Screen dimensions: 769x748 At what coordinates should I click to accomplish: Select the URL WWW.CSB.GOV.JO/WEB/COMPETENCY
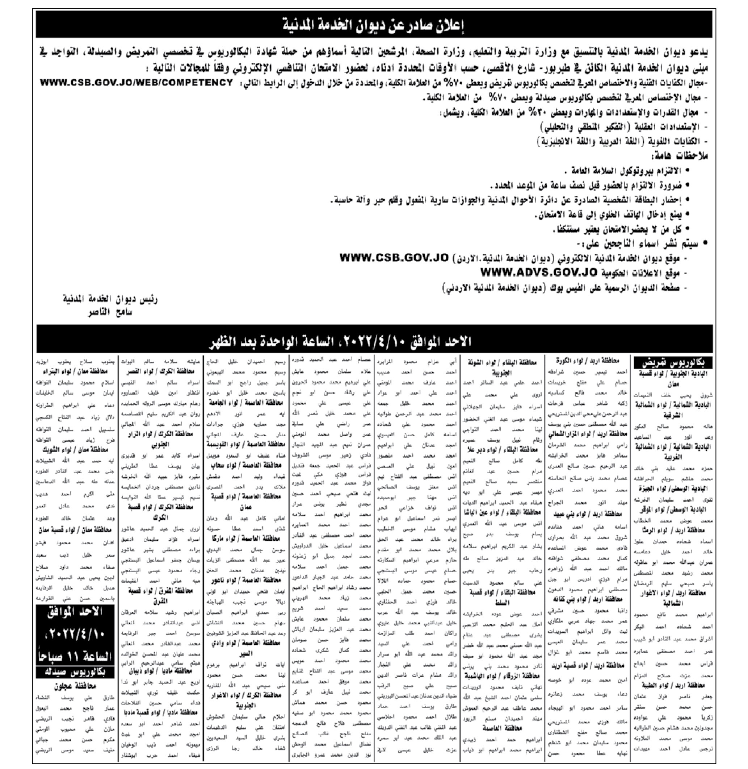[136, 83]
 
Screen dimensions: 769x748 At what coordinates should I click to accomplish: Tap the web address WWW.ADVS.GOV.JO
[539, 273]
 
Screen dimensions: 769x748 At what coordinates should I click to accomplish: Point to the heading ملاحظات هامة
[680, 156]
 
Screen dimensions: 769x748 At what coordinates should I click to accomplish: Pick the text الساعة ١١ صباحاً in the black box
[75, 656]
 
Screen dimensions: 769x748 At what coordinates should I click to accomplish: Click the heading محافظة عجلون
[75, 686]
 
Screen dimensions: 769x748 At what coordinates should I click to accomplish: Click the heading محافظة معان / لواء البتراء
[75, 371]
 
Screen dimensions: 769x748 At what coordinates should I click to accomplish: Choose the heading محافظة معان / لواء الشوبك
[75, 449]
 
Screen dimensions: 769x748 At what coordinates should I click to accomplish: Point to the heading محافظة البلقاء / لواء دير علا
[503, 449]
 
